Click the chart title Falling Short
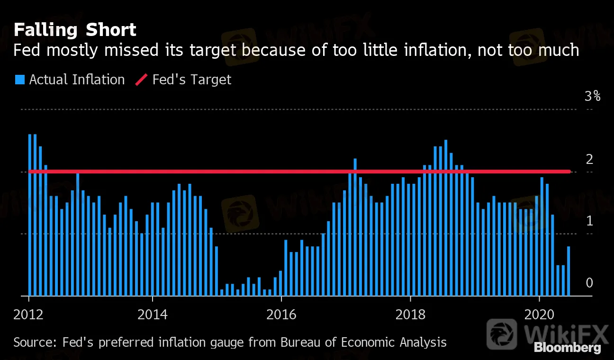[75, 30]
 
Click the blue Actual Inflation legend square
[19, 80]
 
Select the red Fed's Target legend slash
[142, 80]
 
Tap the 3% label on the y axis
[592, 97]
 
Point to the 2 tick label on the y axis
[589, 159]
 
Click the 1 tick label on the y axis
[589, 221]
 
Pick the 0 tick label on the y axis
[589, 283]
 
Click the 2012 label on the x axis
[29, 315]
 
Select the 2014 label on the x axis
[153, 315]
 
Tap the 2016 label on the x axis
[281, 315]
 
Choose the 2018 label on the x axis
[410, 315]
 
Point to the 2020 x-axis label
[539, 315]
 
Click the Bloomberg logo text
[568, 348]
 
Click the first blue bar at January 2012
[30, 213]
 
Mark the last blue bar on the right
[569, 271]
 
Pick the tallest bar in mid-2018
[446, 218]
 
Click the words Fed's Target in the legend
[192, 80]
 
